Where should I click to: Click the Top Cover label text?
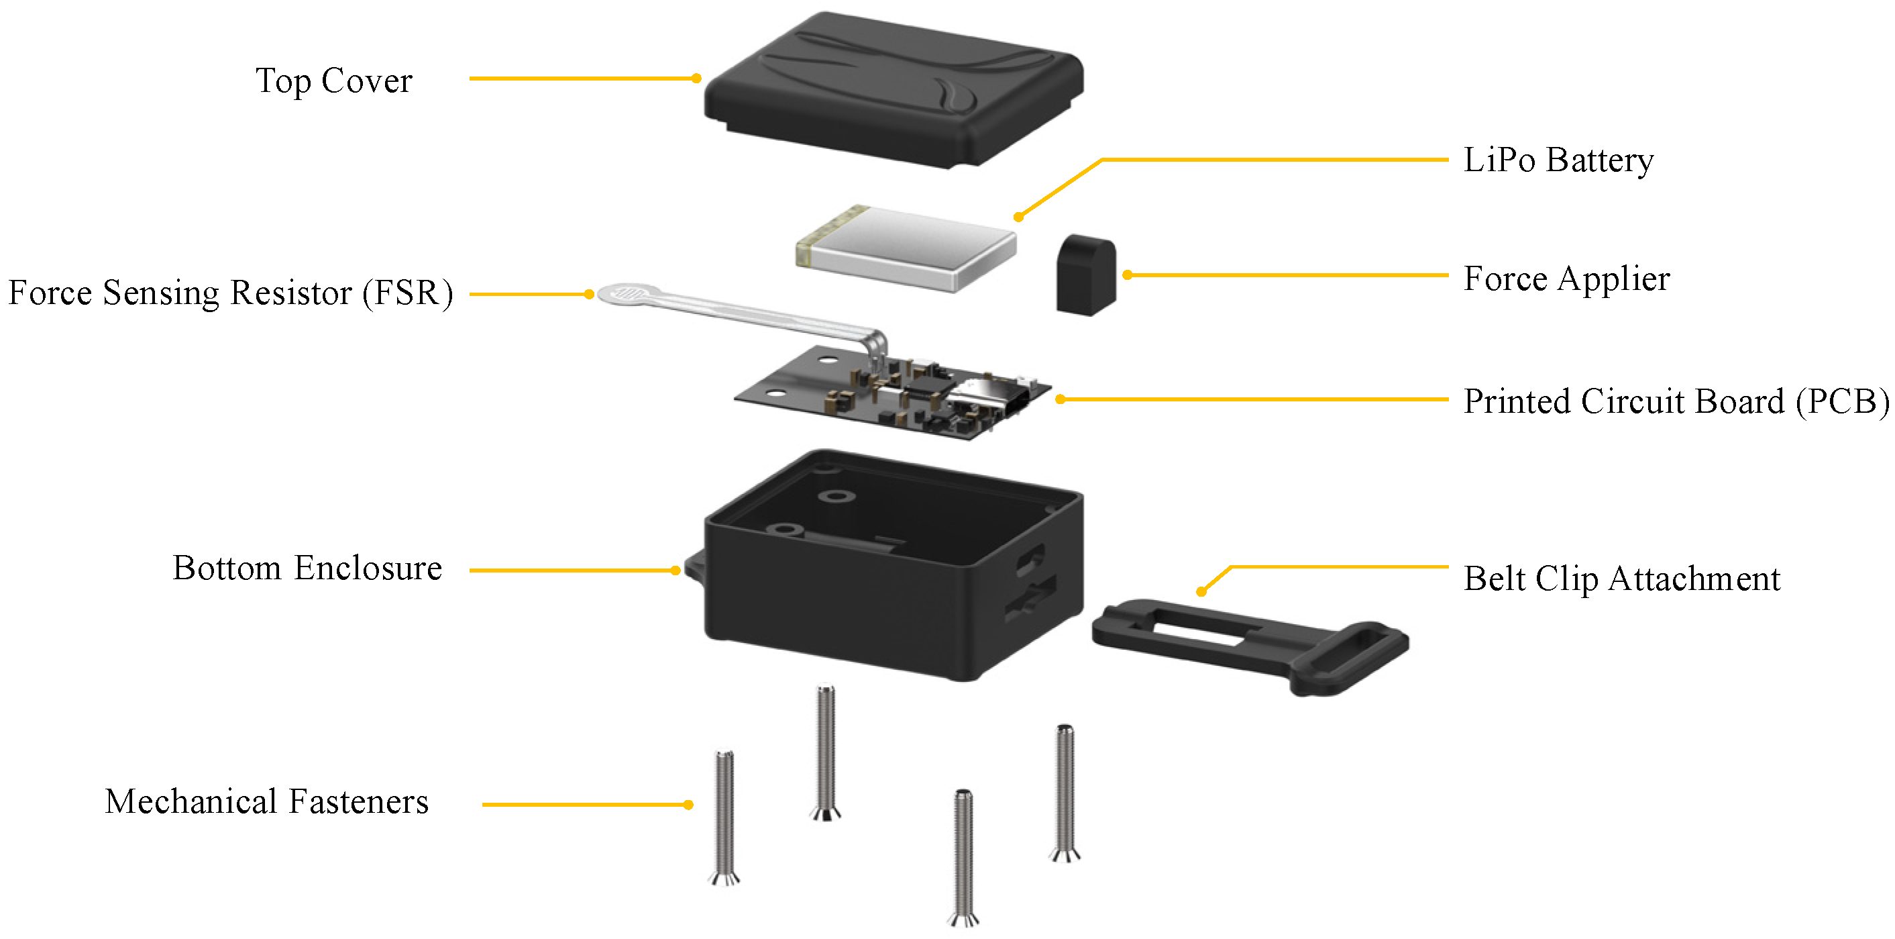[333, 81]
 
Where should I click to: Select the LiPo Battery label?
[1558, 160]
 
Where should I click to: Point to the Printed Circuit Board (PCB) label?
[1676, 402]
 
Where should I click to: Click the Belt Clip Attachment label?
[1621, 579]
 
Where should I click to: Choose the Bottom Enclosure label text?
[307, 568]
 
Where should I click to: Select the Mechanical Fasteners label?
[266, 801]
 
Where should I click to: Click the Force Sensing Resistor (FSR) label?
[230, 293]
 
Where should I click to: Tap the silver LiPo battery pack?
[906, 247]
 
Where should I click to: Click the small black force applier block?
[1086, 275]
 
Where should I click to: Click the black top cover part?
[893, 89]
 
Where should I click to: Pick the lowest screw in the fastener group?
[964, 857]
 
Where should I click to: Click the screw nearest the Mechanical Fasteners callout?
[724, 818]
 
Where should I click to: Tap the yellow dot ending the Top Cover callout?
[696, 78]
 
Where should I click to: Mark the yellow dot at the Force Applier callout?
[1127, 275]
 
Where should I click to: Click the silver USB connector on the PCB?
[987, 398]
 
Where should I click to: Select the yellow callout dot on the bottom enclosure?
[675, 571]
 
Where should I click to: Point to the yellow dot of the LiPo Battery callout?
[1018, 217]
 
